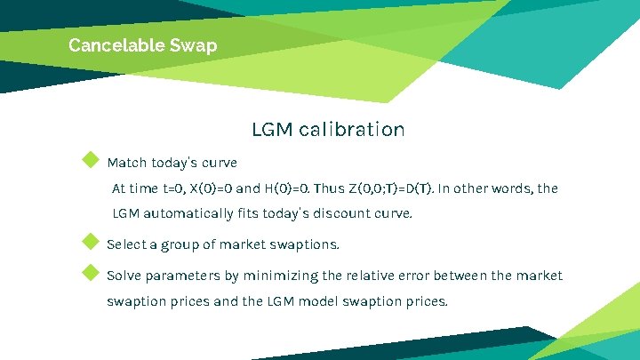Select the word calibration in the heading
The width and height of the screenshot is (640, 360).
(x=352, y=130)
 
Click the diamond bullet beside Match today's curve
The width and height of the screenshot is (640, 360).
(x=89, y=160)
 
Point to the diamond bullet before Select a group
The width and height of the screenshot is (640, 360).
(x=89, y=241)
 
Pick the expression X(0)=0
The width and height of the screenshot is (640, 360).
(x=209, y=188)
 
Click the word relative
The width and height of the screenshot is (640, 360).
(x=368, y=276)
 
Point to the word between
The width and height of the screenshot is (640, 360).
(x=457, y=276)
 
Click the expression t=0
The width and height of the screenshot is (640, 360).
(x=178, y=188)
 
